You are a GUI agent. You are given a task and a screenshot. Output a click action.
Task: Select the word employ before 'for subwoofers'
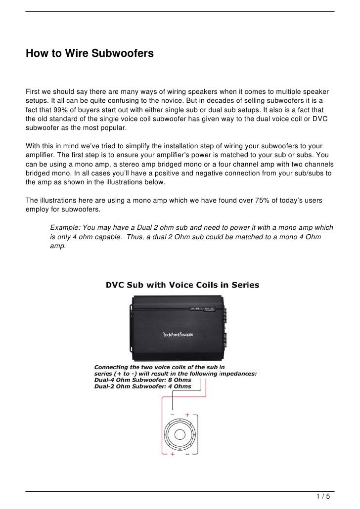point(38,209)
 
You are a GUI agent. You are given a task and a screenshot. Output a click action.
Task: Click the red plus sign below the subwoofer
point(172,454)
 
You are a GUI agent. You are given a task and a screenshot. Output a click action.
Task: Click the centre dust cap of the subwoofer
point(180,433)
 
